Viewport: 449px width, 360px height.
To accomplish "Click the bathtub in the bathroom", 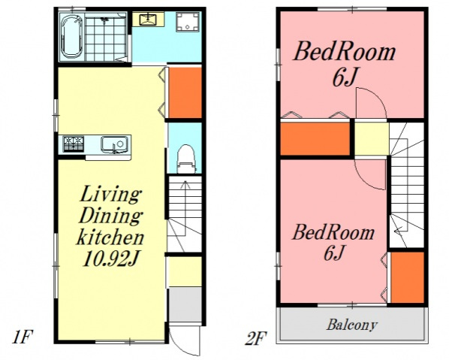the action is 72,36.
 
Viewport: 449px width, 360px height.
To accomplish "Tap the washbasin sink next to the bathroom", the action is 148,19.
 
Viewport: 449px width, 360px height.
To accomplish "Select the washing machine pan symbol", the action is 188,22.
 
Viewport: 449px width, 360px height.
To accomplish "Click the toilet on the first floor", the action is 186,159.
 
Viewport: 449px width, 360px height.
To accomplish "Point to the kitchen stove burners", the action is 74,144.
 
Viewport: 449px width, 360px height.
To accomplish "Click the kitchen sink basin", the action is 114,144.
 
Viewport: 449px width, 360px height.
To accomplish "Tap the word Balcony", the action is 352,325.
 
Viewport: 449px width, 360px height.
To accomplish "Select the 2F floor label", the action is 256,338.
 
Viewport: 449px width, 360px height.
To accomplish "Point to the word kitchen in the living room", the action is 110,237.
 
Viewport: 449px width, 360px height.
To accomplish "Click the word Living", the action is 110,195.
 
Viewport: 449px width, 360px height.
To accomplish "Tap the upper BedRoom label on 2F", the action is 345,52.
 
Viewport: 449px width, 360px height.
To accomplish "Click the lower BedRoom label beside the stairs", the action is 333,232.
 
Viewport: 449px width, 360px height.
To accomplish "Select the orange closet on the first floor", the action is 185,92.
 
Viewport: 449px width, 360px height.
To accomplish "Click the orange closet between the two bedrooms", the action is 315,139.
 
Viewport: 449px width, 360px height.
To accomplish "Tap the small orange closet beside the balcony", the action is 407,277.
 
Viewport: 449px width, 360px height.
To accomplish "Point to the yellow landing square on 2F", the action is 372,139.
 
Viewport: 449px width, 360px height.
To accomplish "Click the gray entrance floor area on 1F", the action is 185,305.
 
